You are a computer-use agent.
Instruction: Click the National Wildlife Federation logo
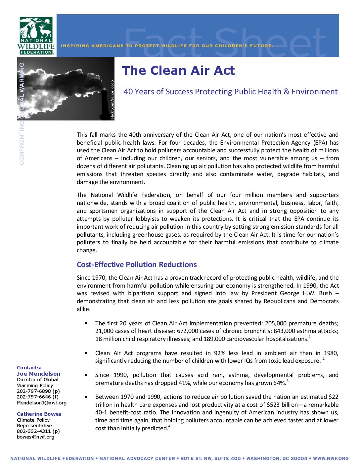pos(36,36)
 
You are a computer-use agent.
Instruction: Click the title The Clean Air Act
pos(178,70)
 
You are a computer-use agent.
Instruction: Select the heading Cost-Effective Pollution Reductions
pos(137,265)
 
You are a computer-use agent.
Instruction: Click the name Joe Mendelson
pos(39,374)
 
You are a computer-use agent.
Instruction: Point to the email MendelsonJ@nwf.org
pos(42,403)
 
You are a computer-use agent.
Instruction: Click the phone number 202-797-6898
pos(34,391)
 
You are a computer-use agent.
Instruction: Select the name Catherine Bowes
pos(39,414)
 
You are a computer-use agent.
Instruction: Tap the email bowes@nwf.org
pos(35,437)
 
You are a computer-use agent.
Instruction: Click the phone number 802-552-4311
pos(34,431)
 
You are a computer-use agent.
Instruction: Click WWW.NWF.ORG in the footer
pos(331,458)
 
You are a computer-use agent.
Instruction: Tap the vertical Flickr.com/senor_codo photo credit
pos(112,99)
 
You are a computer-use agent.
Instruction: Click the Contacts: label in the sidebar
pos(29,368)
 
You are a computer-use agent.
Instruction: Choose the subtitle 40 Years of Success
pos(231,92)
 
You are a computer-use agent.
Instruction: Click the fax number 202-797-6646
pos(34,397)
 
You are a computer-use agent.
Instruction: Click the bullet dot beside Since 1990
pos(86,375)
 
